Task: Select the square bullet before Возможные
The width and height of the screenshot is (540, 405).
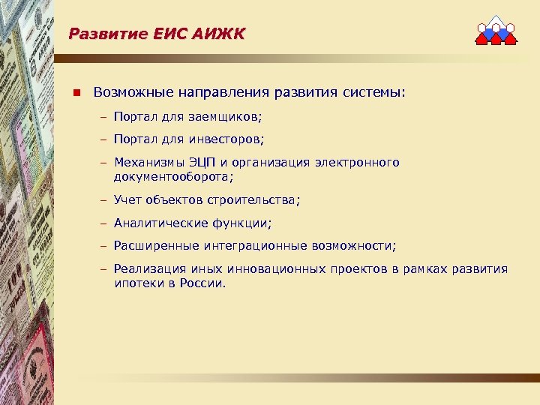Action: click(76, 93)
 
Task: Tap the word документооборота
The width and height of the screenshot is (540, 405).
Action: click(173, 177)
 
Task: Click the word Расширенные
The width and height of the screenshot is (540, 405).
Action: click(157, 245)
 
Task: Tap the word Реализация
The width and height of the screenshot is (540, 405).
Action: click(145, 268)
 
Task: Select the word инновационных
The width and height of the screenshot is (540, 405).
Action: click(266, 268)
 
